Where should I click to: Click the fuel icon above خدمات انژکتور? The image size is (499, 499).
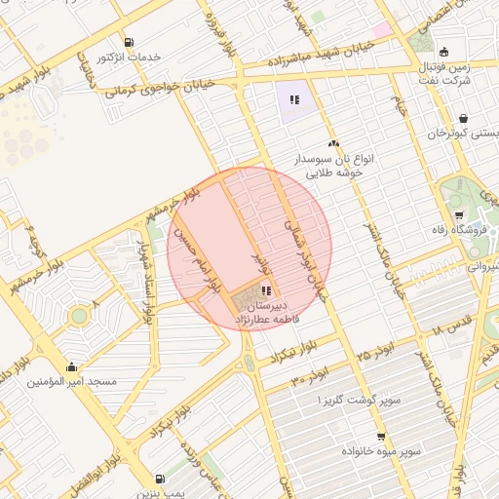(132, 41)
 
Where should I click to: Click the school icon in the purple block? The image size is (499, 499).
(294, 98)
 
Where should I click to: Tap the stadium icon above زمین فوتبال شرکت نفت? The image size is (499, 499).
(444, 52)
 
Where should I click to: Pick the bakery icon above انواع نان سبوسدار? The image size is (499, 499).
(334, 143)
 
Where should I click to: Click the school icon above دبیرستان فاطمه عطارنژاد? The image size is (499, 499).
(267, 289)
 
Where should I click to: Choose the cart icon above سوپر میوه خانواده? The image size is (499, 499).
(380, 437)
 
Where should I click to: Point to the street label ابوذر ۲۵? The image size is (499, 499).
(375, 349)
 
